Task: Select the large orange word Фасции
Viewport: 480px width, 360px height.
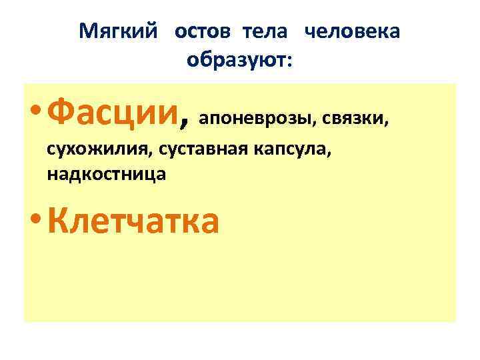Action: pyautogui.click(x=113, y=110)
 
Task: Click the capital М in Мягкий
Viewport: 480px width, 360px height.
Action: pyautogui.click(x=87, y=32)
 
